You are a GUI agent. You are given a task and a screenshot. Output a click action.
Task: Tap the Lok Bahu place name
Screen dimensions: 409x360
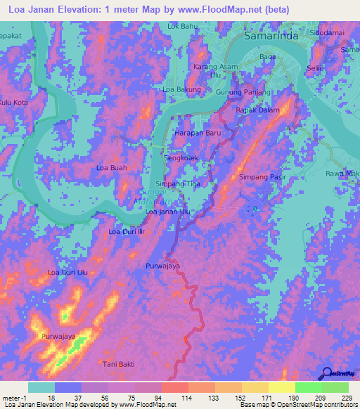point(182,27)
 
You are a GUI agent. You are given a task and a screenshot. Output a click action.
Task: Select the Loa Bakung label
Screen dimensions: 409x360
point(182,90)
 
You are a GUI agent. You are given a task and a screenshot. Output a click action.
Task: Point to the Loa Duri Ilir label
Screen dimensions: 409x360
point(126,231)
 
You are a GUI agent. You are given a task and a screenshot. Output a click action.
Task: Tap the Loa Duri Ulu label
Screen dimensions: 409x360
point(67,272)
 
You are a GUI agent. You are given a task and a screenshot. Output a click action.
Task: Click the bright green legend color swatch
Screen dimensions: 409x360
point(308,387)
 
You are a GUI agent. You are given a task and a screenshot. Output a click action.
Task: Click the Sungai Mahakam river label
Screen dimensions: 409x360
point(148,195)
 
